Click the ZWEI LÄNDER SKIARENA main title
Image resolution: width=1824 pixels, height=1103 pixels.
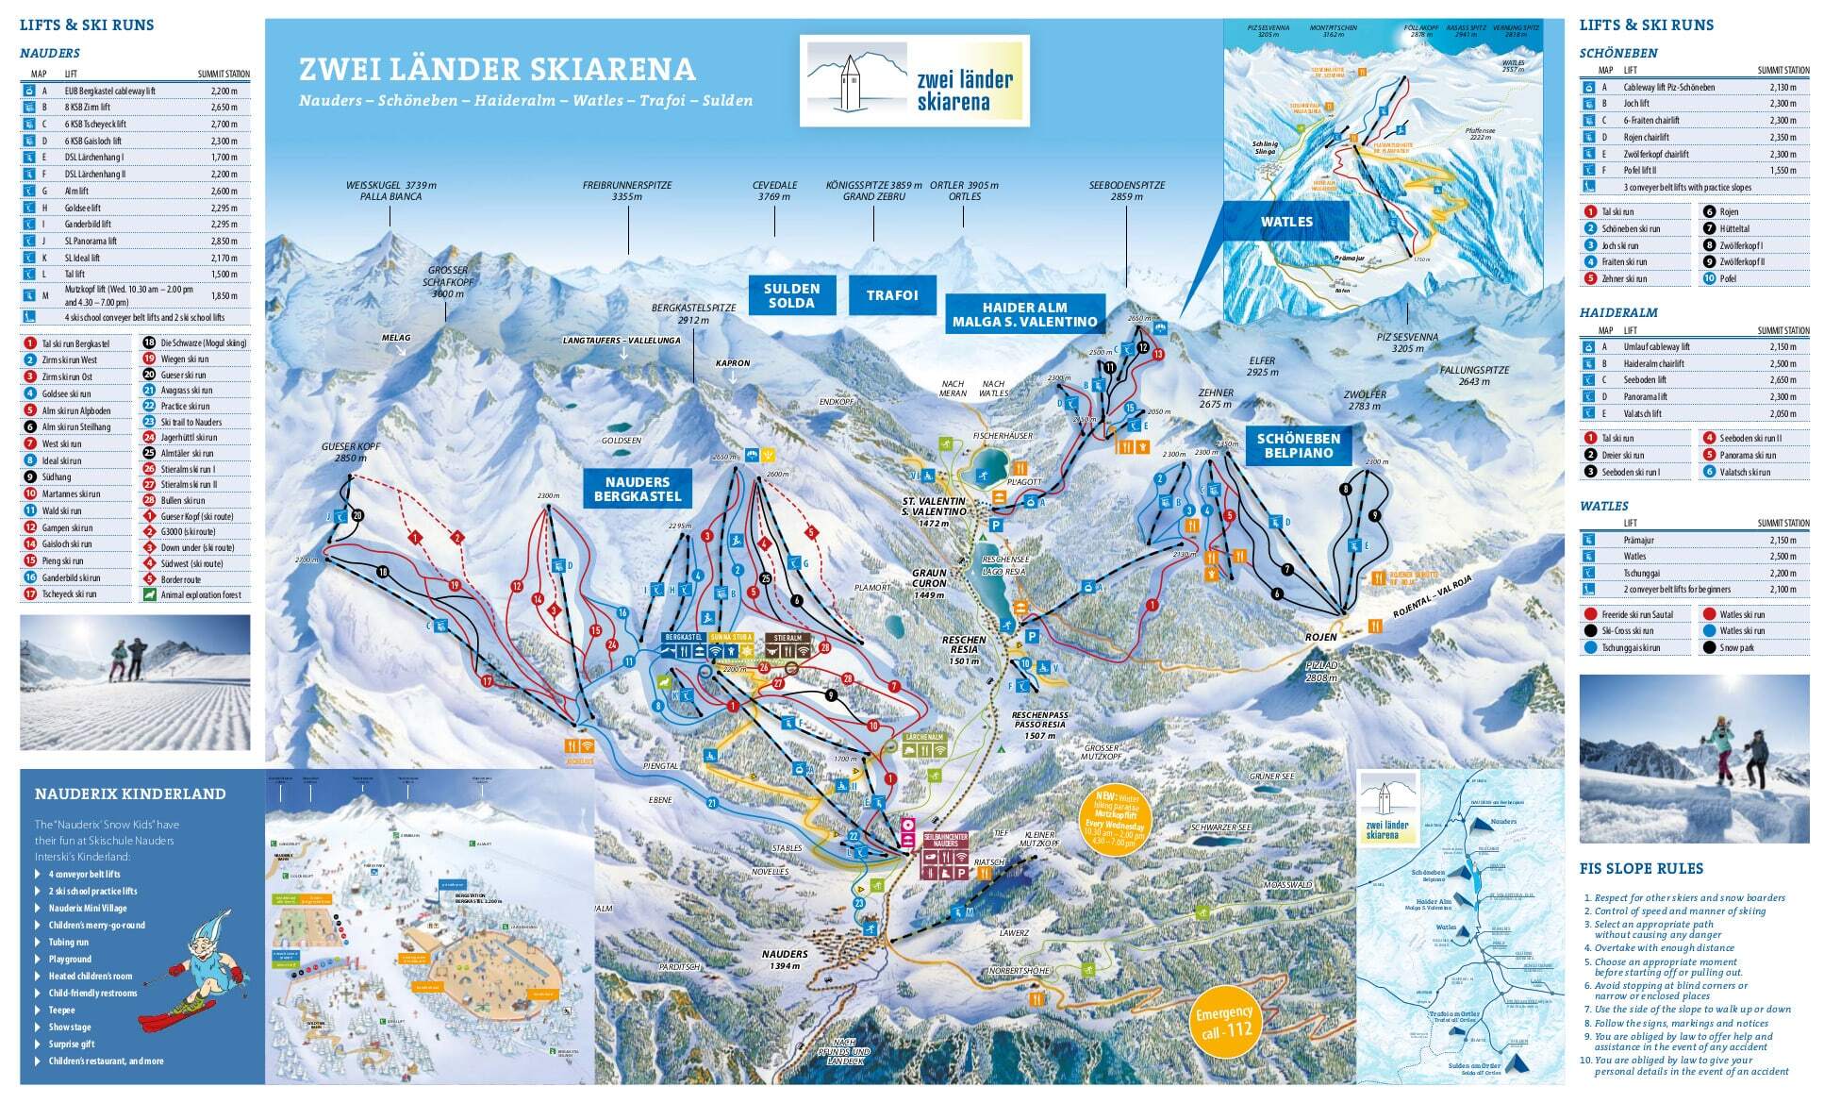pos(497,70)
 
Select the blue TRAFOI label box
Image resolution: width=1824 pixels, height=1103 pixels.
pos(892,295)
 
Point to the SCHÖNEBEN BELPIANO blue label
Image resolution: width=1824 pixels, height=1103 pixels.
pos(1298,445)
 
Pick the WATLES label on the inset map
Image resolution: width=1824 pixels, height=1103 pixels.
pos(1286,222)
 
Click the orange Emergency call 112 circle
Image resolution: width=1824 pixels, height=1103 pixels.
pos(1223,1021)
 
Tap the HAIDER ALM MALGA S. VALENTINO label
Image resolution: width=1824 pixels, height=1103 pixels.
pos(1024,314)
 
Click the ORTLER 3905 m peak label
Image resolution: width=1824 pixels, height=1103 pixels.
pos(964,191)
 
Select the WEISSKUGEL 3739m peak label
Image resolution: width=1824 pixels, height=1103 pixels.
pos(390,191)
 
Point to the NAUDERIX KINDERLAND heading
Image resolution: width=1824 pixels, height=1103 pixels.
pos(130,794)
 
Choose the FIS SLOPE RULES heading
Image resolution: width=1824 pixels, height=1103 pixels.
pos(1641,869)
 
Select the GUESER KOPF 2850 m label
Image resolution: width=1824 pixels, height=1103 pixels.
pos(350,451)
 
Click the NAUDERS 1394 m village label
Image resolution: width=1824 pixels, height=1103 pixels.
pos(785,960)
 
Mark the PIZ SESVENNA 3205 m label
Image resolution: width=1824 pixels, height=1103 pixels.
pos(1407,343)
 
